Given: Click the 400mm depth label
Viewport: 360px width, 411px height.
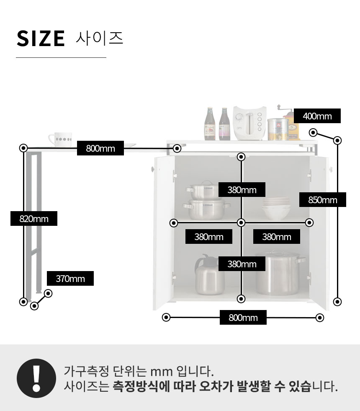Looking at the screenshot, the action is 317,116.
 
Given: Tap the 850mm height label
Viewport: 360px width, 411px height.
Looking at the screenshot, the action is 323,200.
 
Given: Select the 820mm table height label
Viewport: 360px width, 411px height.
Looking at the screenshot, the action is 34,219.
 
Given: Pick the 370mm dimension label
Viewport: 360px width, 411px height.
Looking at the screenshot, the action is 70,278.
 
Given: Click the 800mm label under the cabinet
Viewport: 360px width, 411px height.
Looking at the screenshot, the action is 243,318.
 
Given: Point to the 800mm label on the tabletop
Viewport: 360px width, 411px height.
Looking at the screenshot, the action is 100,148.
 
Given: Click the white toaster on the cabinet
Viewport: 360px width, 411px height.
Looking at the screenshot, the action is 249,123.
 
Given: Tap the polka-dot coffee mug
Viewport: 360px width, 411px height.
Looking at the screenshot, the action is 60,139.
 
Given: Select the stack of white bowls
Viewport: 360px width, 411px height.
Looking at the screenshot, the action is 276,208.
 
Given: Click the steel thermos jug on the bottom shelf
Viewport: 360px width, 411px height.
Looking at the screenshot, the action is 209,274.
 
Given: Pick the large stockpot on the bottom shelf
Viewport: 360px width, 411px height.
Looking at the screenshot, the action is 279,273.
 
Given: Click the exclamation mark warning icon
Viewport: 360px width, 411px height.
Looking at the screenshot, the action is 36,378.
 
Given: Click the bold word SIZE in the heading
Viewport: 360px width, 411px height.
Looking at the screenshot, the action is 41,39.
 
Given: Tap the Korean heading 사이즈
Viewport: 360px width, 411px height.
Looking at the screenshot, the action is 100,39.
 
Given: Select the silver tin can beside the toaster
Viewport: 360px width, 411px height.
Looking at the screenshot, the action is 278,129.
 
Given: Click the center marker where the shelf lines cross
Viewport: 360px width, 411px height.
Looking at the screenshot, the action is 241,222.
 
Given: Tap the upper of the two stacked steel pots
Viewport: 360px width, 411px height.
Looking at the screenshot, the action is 202,190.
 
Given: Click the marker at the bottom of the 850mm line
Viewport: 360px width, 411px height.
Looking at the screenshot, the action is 337,302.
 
